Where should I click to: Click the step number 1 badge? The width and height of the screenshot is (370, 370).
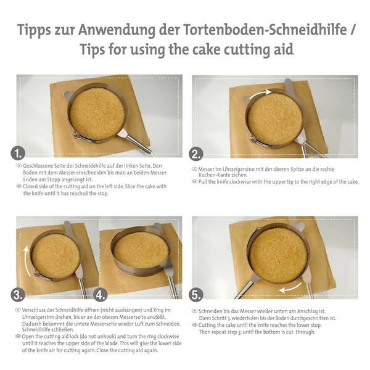18,154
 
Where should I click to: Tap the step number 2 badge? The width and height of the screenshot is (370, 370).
196,154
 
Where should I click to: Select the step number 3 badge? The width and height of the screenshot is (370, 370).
18,295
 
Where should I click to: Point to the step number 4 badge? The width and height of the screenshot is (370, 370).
101,295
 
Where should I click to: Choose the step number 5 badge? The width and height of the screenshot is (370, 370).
196,295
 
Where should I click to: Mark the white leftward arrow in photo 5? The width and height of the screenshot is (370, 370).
290,289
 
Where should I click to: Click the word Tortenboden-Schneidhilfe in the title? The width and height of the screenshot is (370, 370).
265,30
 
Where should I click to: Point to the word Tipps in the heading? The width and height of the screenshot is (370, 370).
34,31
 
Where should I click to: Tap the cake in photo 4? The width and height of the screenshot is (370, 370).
140,251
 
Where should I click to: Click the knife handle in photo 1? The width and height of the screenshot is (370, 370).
139,144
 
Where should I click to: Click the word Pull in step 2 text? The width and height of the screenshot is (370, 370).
203,182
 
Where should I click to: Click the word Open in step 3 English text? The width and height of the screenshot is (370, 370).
28,337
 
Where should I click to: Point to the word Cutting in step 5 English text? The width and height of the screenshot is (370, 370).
207,325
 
